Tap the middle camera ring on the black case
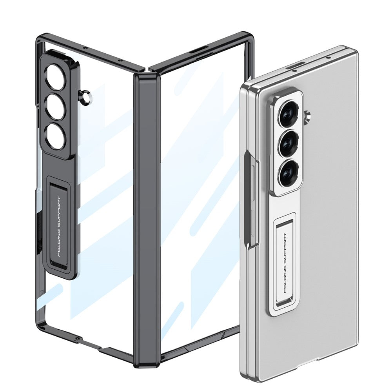coord(55,105)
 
